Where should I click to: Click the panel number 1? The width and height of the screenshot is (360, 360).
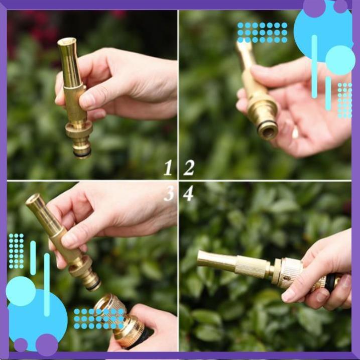(168, 168)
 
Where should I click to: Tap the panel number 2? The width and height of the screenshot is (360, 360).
(189, 168)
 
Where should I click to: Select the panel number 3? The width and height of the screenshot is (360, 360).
(169, 193)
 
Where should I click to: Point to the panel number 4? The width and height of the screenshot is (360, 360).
(188, 193)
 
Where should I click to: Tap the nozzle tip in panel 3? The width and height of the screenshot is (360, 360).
(34, 199)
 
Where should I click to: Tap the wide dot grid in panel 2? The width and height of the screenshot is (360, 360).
(262, 32)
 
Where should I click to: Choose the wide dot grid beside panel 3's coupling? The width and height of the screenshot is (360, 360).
(98, 318)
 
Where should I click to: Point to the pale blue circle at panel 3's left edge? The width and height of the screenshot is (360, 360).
(20, 291)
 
